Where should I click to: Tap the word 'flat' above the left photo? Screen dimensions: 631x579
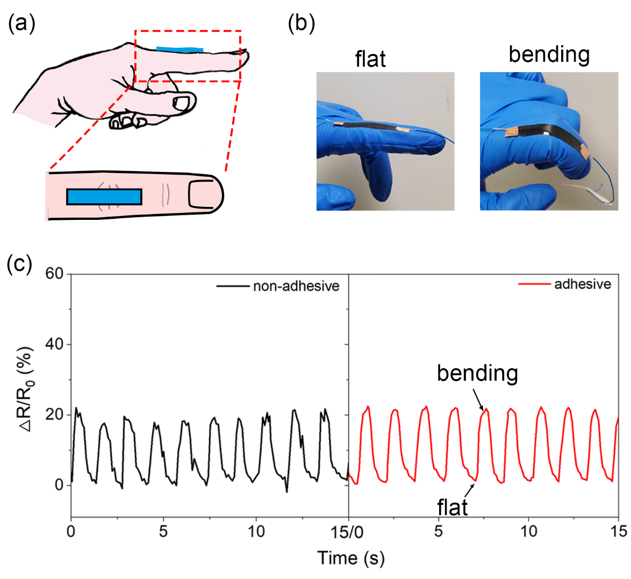click(x=370, y=59)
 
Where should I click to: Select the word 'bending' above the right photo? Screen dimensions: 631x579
click(x=549, y=55)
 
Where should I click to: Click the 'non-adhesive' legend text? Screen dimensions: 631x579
click(x=296, y=286)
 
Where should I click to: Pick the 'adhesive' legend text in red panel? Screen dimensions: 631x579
click(x=583, y=284)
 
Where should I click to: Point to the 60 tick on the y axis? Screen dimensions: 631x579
click(x=55, y=274)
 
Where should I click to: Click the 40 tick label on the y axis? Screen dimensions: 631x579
click(x=55, y=344)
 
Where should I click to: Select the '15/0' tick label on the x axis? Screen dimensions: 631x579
click(x=347, y=532)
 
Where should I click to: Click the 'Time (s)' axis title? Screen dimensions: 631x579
click(x=351, y=558)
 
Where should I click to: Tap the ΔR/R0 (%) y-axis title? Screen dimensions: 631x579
click(x=27, y=389)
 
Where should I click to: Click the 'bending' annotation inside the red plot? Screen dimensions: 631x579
click(x=477, y=374)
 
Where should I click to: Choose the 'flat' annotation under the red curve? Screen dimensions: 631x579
click(x=453, y=507)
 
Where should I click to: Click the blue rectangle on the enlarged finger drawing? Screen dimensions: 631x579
click(x=104, y=197)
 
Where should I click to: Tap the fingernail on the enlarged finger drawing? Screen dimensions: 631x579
click(x=200, y=195)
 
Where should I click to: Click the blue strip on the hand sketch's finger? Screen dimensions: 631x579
click(x=180, y=49)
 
